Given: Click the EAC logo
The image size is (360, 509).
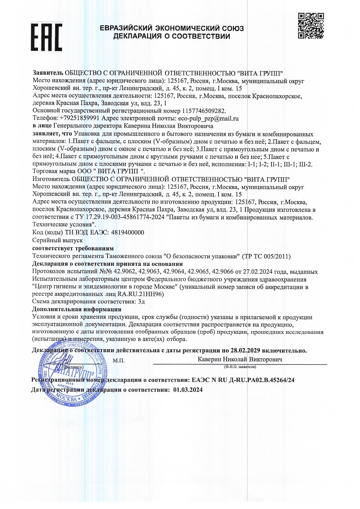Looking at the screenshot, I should point(46,37).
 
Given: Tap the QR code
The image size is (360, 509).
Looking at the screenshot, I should point(311,26).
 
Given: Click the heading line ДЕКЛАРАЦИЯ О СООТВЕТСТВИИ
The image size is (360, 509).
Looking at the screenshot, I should point(172,36).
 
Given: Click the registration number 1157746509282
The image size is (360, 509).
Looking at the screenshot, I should point(204,111).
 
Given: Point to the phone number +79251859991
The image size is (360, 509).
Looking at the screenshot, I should point(79,118).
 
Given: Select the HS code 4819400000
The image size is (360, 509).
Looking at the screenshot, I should point(128,232).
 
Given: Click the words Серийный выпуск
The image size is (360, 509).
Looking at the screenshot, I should point(57,240).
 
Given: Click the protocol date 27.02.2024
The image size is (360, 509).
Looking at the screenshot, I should point(258,272).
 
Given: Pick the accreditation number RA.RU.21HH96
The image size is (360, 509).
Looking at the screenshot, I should point(143,294).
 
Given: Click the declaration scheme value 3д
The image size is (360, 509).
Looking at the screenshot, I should point(141,302).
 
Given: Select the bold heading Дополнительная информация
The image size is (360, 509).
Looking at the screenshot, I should point(77,309).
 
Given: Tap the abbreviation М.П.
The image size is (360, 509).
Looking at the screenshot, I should point(118,361).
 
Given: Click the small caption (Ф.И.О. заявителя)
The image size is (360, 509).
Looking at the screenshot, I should point(240,367).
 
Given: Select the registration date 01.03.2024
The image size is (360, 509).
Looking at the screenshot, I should point(188,390).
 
